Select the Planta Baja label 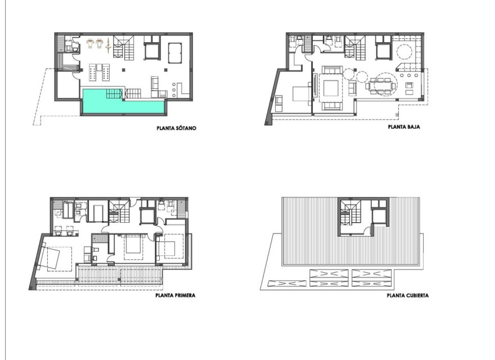404,127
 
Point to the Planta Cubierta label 407,294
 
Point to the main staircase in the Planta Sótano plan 124,47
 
